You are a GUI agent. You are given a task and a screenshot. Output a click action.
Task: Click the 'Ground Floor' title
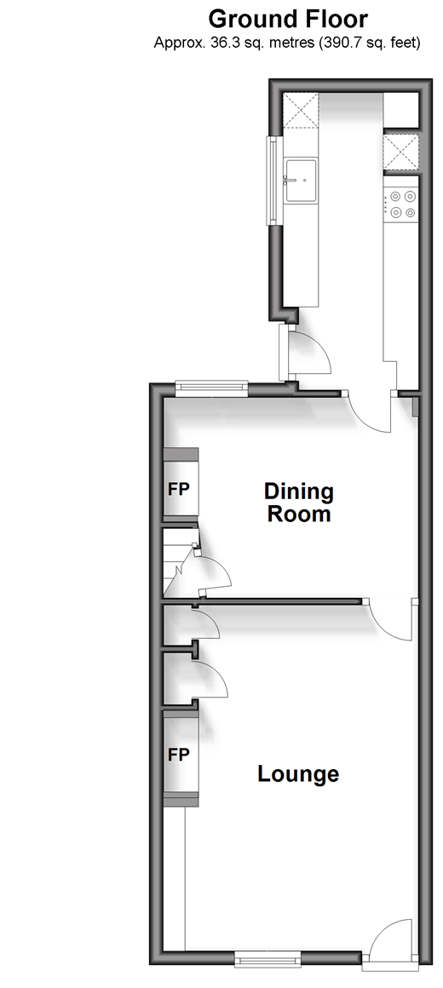coord(288,19)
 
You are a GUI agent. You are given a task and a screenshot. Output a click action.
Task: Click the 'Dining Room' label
coord(298,503)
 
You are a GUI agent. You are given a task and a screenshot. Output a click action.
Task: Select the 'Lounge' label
coord(298,773)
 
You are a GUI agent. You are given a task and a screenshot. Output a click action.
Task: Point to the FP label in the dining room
coord(178,489)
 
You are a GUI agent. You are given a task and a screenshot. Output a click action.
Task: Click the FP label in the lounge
coord(178,755)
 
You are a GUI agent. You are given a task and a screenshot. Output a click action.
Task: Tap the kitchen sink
coord(302,181)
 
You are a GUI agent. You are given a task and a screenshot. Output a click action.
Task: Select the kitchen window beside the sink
coord(273,180)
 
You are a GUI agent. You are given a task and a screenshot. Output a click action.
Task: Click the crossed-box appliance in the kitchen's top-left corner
coord(301,110)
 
